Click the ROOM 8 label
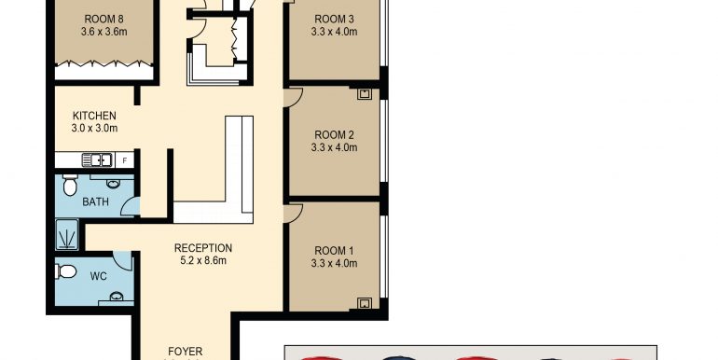[102, 19]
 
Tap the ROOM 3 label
[334, 19]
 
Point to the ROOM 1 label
[334, 250]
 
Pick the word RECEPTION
[203, 248]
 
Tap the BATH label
[95, 201]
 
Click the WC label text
[97, 277]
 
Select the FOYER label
[185, 352]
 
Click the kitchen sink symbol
[97, 159]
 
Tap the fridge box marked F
[125, 160]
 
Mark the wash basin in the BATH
[112, 184]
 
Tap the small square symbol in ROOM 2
[365, 93]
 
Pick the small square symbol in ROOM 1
[365, 302]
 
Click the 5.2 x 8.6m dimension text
[202, 260]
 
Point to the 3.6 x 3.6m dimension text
[102, 32]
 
